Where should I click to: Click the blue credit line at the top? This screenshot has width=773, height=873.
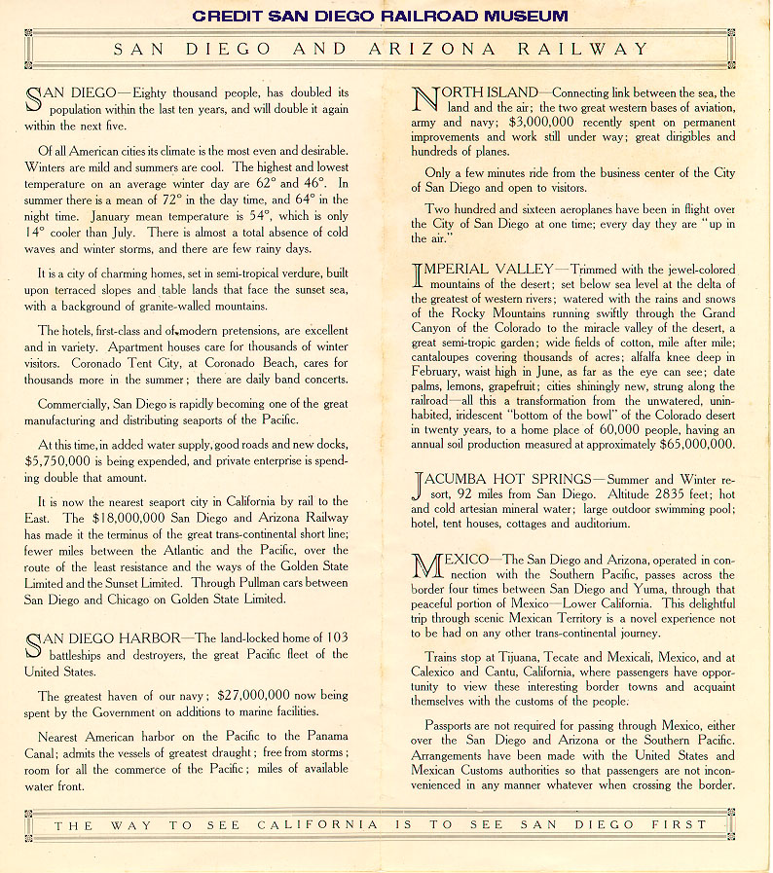[380, 16]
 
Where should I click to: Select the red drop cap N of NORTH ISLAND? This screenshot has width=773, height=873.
[425, 100]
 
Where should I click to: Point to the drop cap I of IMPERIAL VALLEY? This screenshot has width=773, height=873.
[419, 275]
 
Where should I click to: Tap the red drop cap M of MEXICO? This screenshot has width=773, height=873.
[427, 568]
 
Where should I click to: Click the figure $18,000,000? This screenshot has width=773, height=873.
[129, 518]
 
